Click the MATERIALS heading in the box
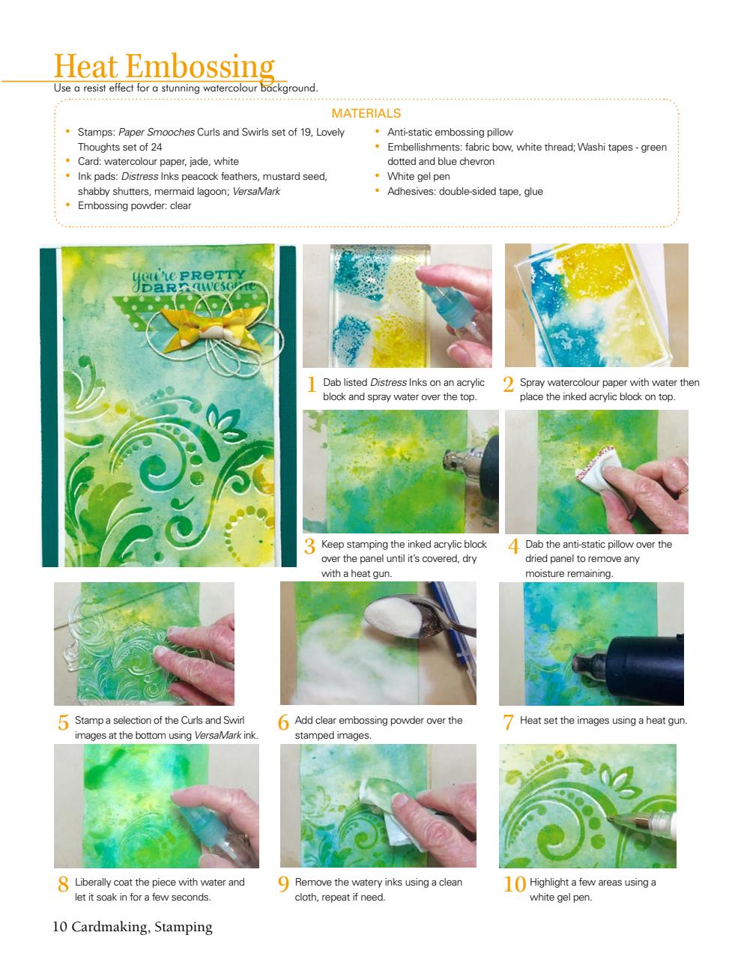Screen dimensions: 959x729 366,114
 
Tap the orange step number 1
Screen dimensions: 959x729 312,385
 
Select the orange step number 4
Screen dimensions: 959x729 513,547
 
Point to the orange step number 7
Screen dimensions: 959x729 508,722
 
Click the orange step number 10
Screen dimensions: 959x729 514,884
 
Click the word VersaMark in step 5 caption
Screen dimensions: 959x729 217,736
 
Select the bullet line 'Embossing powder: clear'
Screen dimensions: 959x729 134,206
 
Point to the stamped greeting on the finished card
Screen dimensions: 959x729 193,279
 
